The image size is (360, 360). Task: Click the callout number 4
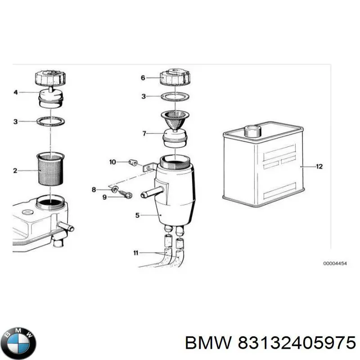click(15, 93)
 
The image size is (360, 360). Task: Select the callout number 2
click(15, 171)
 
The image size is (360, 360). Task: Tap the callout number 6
click(143, 78)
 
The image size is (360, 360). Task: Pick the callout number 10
click(112, 162)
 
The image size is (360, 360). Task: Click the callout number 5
click(137, 216)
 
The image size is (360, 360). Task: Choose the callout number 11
click(136, 253)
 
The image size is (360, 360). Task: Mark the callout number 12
click(319, 166)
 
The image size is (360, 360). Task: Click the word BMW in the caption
click(208, 343)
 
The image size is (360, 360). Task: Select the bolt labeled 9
click(126, 194)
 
